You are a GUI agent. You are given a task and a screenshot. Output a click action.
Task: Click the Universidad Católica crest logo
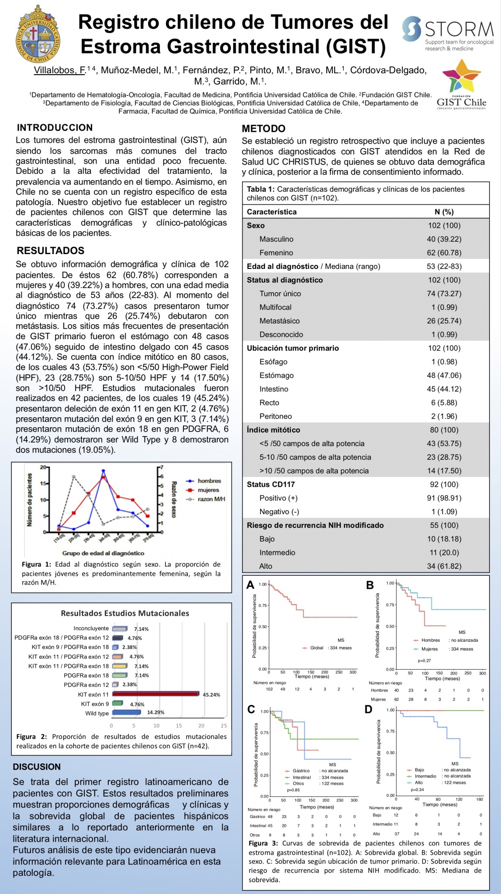tap(38, 34)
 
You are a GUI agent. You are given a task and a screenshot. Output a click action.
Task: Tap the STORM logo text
tap(459, 29)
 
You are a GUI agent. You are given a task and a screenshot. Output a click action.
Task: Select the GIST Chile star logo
tap(461, 75)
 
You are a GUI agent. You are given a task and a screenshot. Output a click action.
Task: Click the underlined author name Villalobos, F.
tap(60, 70)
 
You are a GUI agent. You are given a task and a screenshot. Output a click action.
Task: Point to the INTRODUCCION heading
tap(55, 128)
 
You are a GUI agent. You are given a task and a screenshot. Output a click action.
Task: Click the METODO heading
tap(263, 129)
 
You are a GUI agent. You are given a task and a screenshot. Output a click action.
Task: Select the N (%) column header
tap(444, 212)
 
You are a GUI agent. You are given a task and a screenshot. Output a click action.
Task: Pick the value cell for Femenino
tap(444, 253)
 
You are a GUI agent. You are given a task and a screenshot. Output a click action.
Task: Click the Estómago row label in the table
tap(276, 375)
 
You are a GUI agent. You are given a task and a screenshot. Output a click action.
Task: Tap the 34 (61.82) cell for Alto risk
tap(444, 566)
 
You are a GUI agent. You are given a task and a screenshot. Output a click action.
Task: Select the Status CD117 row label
tap(270, 485)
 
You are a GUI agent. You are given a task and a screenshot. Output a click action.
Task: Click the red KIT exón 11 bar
tap(155, 694)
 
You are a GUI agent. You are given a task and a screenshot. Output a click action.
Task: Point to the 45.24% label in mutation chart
tap(211, 695)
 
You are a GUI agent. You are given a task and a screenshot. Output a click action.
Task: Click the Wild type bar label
tap(97, 713)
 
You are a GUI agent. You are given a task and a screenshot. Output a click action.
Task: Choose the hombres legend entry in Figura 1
tap(209, 481)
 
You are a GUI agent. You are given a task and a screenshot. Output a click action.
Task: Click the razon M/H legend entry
tap(211, 499)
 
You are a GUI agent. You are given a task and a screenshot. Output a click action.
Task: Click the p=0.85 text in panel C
tap(293, 790)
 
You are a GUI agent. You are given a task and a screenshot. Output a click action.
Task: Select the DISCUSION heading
tap(37, 767)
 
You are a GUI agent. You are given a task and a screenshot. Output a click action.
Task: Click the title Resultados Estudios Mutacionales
tap(125, 613)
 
